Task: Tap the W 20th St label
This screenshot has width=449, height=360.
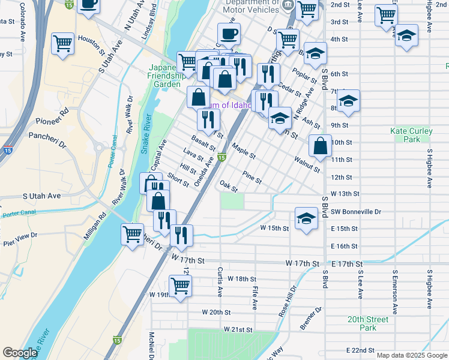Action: [216, 312]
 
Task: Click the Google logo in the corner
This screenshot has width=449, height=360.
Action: [20, 353]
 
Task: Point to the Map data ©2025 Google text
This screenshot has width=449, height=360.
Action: [412, 355]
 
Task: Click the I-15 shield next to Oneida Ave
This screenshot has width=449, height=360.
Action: [222, 158]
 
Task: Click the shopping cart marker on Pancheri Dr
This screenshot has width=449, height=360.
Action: [131, 235]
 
